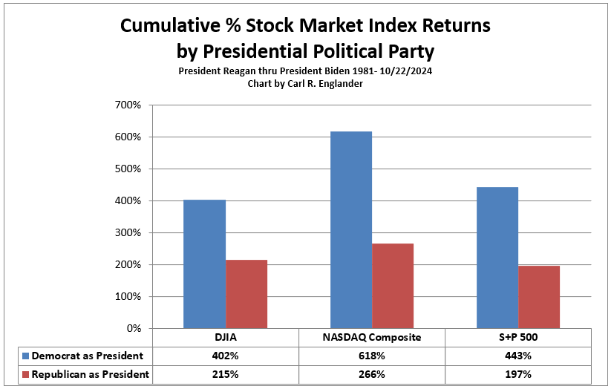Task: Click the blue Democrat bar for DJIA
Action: (205, 264)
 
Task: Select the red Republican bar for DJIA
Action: (246, 294)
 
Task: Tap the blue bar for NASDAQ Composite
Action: (351, 229)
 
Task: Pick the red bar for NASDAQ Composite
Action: (393, 286)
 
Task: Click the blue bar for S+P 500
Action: (497, 258)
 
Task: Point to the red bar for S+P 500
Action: (539, 297)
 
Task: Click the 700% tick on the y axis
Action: (128, 105)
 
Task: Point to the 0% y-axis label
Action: (134, 328)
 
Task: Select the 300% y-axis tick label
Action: (128, 232)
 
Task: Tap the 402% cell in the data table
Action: (225, 356)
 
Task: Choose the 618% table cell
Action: (372, 356)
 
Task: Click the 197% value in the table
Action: (518, 374)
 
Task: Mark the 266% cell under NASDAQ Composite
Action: (372, 374)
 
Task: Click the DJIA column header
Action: (226, 337)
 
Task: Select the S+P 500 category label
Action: (518, 337)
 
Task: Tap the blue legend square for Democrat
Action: (25, 356)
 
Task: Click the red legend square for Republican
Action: (25, 375)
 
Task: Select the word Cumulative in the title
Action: (170, 26)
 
